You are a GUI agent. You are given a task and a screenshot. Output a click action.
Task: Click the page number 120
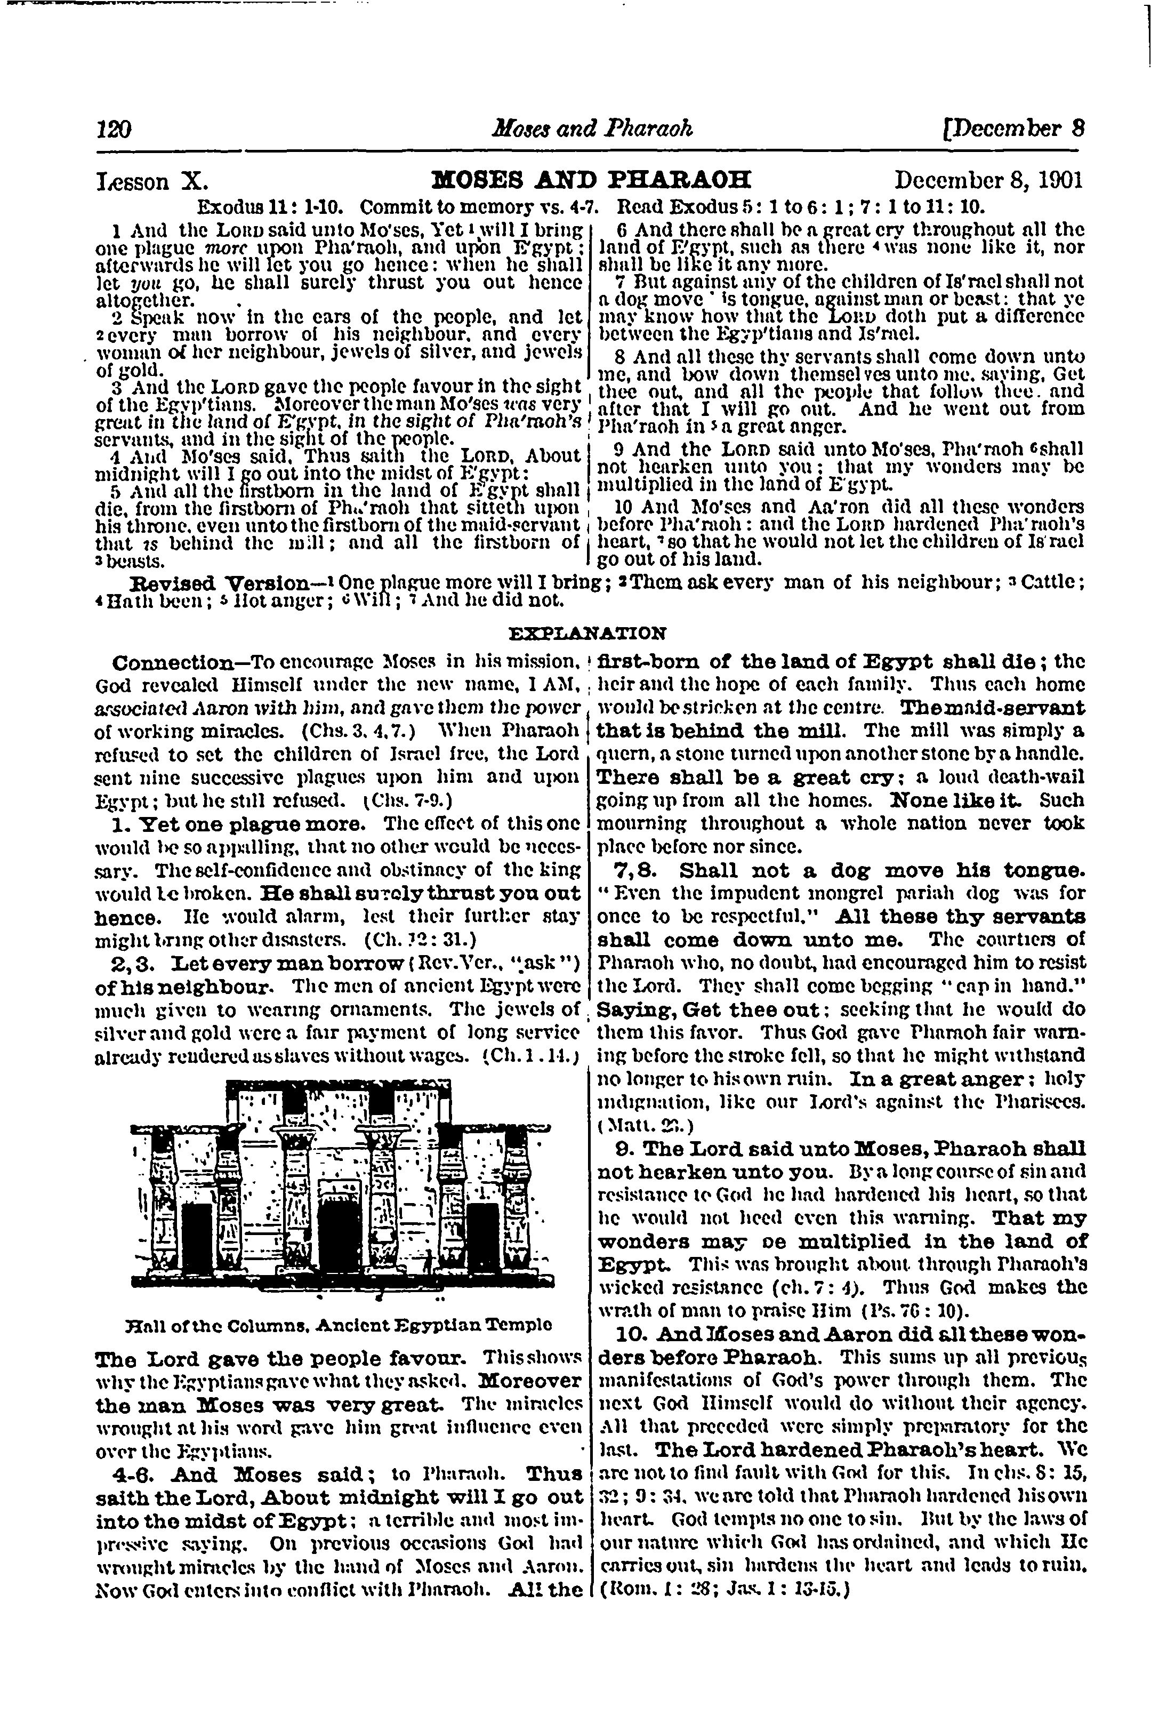(x=114, y=130)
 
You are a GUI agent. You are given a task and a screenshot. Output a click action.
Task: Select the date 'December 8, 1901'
(x=989, y=181)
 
